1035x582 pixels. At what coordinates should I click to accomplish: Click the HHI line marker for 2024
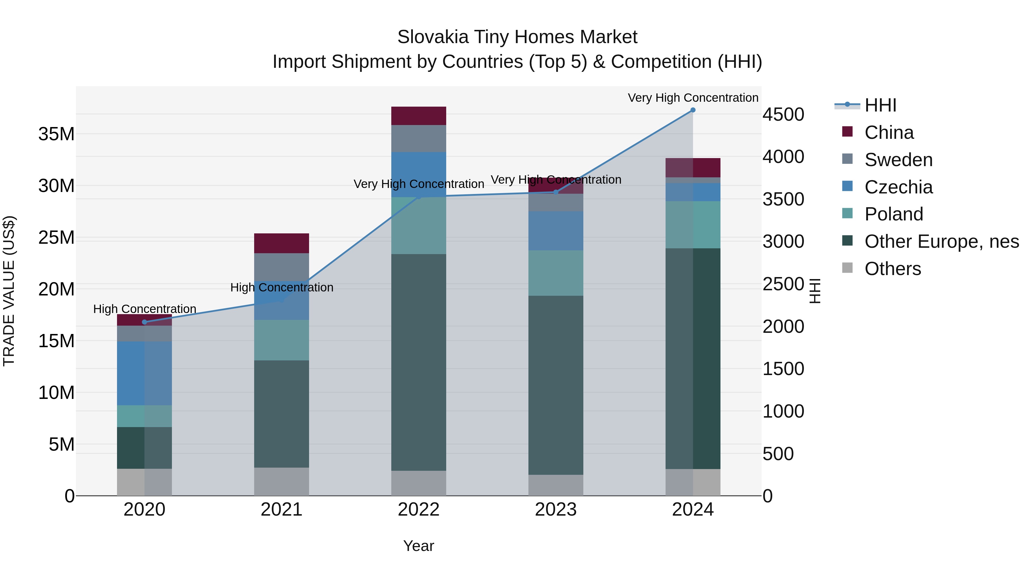pos(693,110)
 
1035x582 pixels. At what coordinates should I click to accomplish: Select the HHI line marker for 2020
pos(145,322)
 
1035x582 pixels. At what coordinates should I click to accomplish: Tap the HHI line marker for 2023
pos(556,192)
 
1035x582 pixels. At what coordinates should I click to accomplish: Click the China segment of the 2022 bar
pos(419,116)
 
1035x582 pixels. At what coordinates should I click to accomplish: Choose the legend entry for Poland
pos(894,214)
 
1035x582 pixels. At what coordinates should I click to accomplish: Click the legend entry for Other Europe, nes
pos(941,241)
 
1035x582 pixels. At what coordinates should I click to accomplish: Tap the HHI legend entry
pos(880,105)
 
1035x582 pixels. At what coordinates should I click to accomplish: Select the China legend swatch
pos(847,132)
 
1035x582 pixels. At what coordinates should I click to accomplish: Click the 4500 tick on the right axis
pos(783,114)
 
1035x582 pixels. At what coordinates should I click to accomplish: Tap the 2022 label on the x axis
pos(419,510)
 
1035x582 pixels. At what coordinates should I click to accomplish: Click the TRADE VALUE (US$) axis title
pos(9,291)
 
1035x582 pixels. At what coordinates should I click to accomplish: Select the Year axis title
pos(419,546)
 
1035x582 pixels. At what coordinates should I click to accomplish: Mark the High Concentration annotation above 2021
pos(282,288)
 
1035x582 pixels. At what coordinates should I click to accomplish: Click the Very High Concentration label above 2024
pos(693,98)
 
